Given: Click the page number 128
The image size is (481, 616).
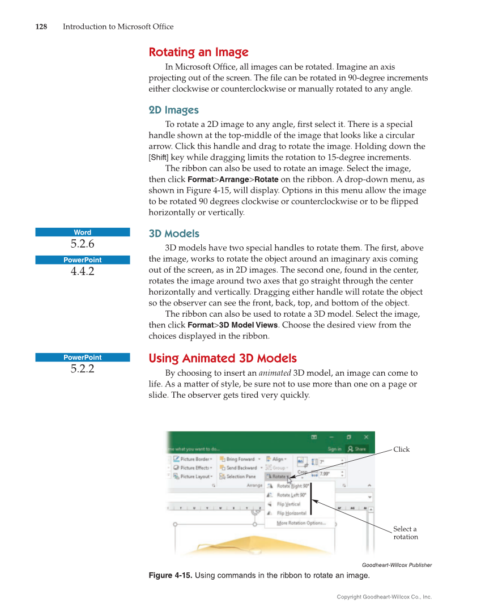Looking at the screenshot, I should (41, 27).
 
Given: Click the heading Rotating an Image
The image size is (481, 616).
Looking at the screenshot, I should (198, 53).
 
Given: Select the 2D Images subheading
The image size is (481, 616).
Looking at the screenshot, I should (173, 110).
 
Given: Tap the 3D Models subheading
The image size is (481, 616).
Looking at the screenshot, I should (174, 233).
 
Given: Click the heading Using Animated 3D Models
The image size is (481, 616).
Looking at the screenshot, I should (222, 358).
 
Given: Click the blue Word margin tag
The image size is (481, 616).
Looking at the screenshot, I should (83, 232).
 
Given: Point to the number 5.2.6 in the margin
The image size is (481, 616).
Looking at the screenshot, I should (83, 244).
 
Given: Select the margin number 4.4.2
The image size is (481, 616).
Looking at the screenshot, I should (83, 271).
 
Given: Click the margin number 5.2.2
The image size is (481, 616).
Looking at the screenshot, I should (83, 369).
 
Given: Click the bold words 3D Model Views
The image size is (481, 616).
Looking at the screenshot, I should (248, 325).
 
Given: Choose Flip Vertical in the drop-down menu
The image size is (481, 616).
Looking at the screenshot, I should (288, 504).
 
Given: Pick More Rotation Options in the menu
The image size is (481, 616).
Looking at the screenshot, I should (301, 523).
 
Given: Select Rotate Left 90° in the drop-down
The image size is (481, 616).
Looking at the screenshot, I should (291, 495).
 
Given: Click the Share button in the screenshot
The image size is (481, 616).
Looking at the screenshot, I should (358, 449).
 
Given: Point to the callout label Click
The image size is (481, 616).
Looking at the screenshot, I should (401, 449).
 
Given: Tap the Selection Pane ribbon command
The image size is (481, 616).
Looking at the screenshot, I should (241, 477).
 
